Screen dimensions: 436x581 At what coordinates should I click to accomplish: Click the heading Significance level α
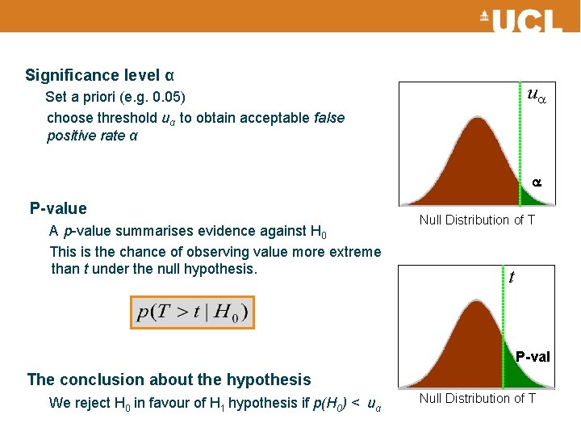pos(99,75)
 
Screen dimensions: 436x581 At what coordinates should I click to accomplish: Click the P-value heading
pos(58,208)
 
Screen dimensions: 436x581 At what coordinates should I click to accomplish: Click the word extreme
pos(356,251)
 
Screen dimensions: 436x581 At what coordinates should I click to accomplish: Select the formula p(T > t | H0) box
pos(193,312)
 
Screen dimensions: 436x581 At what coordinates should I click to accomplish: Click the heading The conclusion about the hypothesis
pos(169,379)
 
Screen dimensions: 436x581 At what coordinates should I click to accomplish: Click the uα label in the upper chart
pos(536,94)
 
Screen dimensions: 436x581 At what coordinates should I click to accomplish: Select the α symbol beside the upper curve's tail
pos(537,183)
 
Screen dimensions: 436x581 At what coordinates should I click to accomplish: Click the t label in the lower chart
pos(512,277)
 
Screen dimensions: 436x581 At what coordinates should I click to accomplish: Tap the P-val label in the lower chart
pos(533,357)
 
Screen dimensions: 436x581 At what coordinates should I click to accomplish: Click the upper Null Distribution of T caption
pos(477,220)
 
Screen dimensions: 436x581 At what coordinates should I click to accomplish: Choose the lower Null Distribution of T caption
pos(477,398)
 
